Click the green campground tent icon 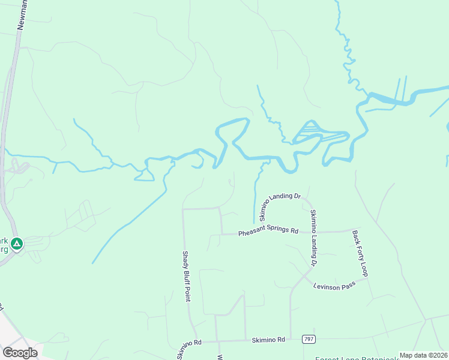pos(17,244)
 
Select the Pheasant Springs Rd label pos(268,232)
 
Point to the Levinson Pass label pos(334,285)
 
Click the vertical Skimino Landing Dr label pos(313,238)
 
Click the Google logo pos(20,352)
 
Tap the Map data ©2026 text pos(424,355)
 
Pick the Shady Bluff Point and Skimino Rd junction pos(196,340)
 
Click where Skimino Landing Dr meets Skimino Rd pos(291,339)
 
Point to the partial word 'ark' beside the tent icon pos(5,238)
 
